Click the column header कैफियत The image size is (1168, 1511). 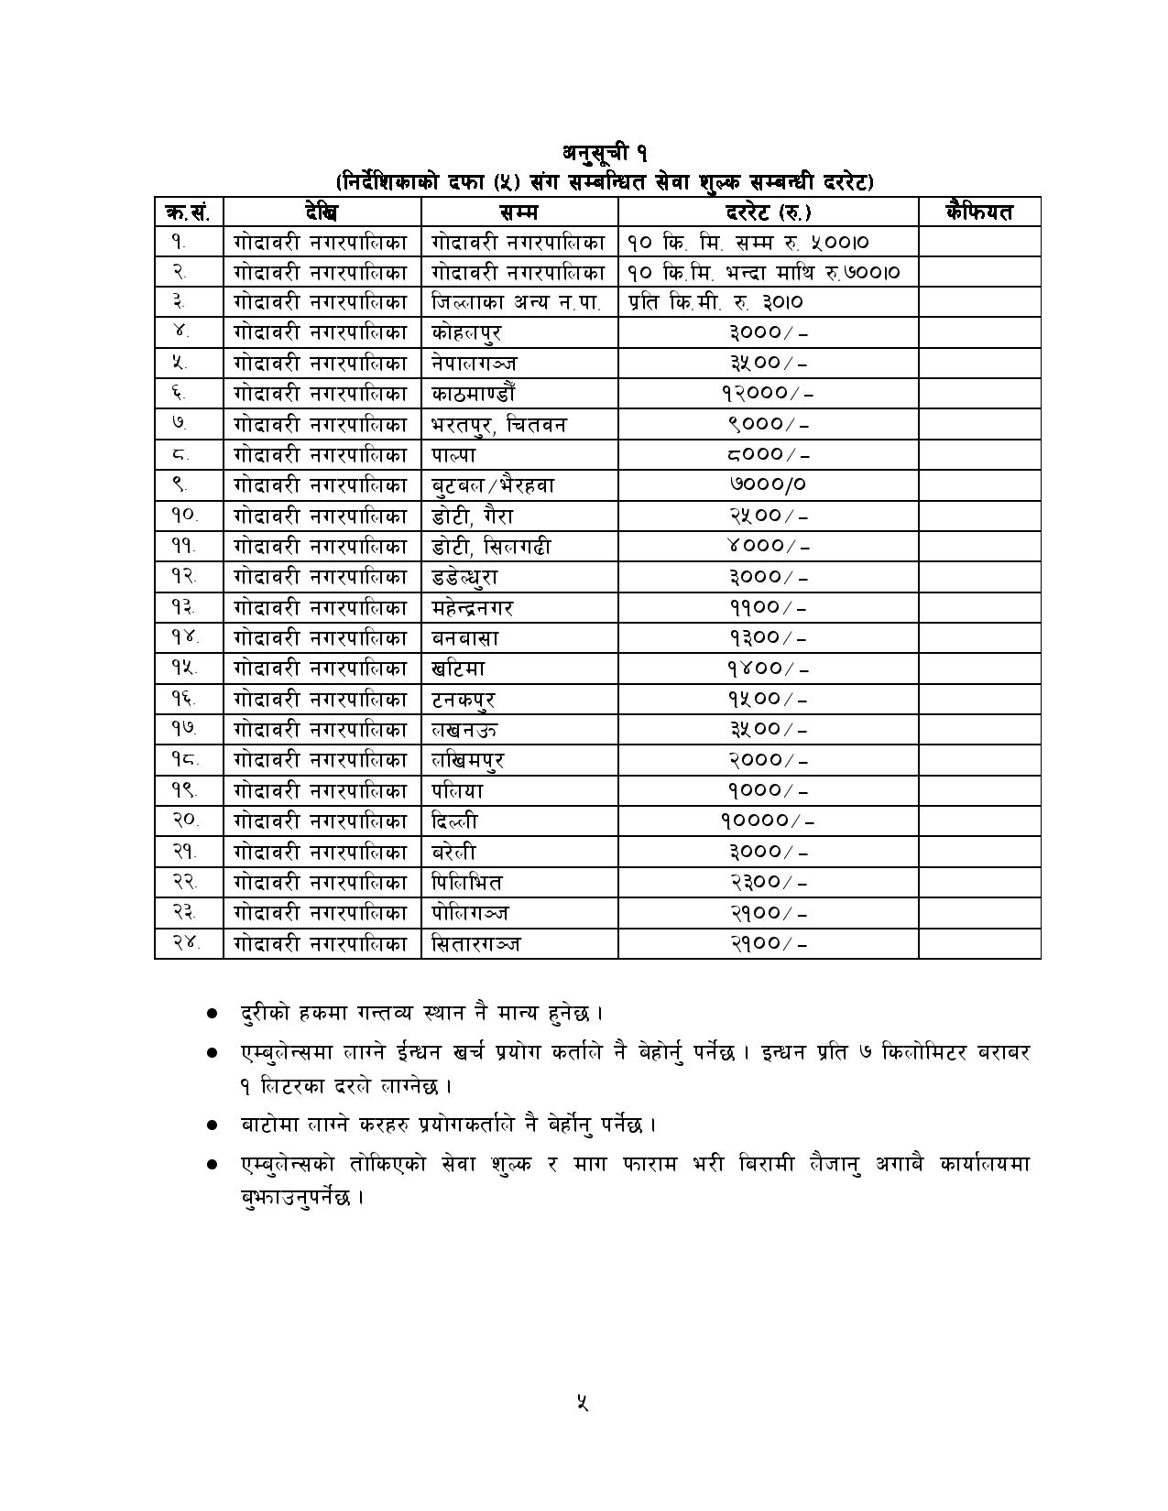click(x=978, y=212)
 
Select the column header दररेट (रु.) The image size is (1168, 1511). click(x=768, y=212)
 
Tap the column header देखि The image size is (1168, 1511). click(x=322, y=212)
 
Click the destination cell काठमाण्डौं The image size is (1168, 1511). click(x=474, y=394)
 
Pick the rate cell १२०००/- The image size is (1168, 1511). click(x=768, y=394)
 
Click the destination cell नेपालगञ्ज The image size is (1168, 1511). click(x=475, y=364)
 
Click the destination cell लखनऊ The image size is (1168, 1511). click(x=465, y=730)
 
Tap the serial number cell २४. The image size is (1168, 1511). click(x=186, y=943)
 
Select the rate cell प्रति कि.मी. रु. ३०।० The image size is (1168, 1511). click(x=716, y=302)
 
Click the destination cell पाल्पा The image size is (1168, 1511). click(x=454, y=455)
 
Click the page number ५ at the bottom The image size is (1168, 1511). click(x=583, y=1401)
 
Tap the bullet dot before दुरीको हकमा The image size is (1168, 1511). click(x=213, y=1014)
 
